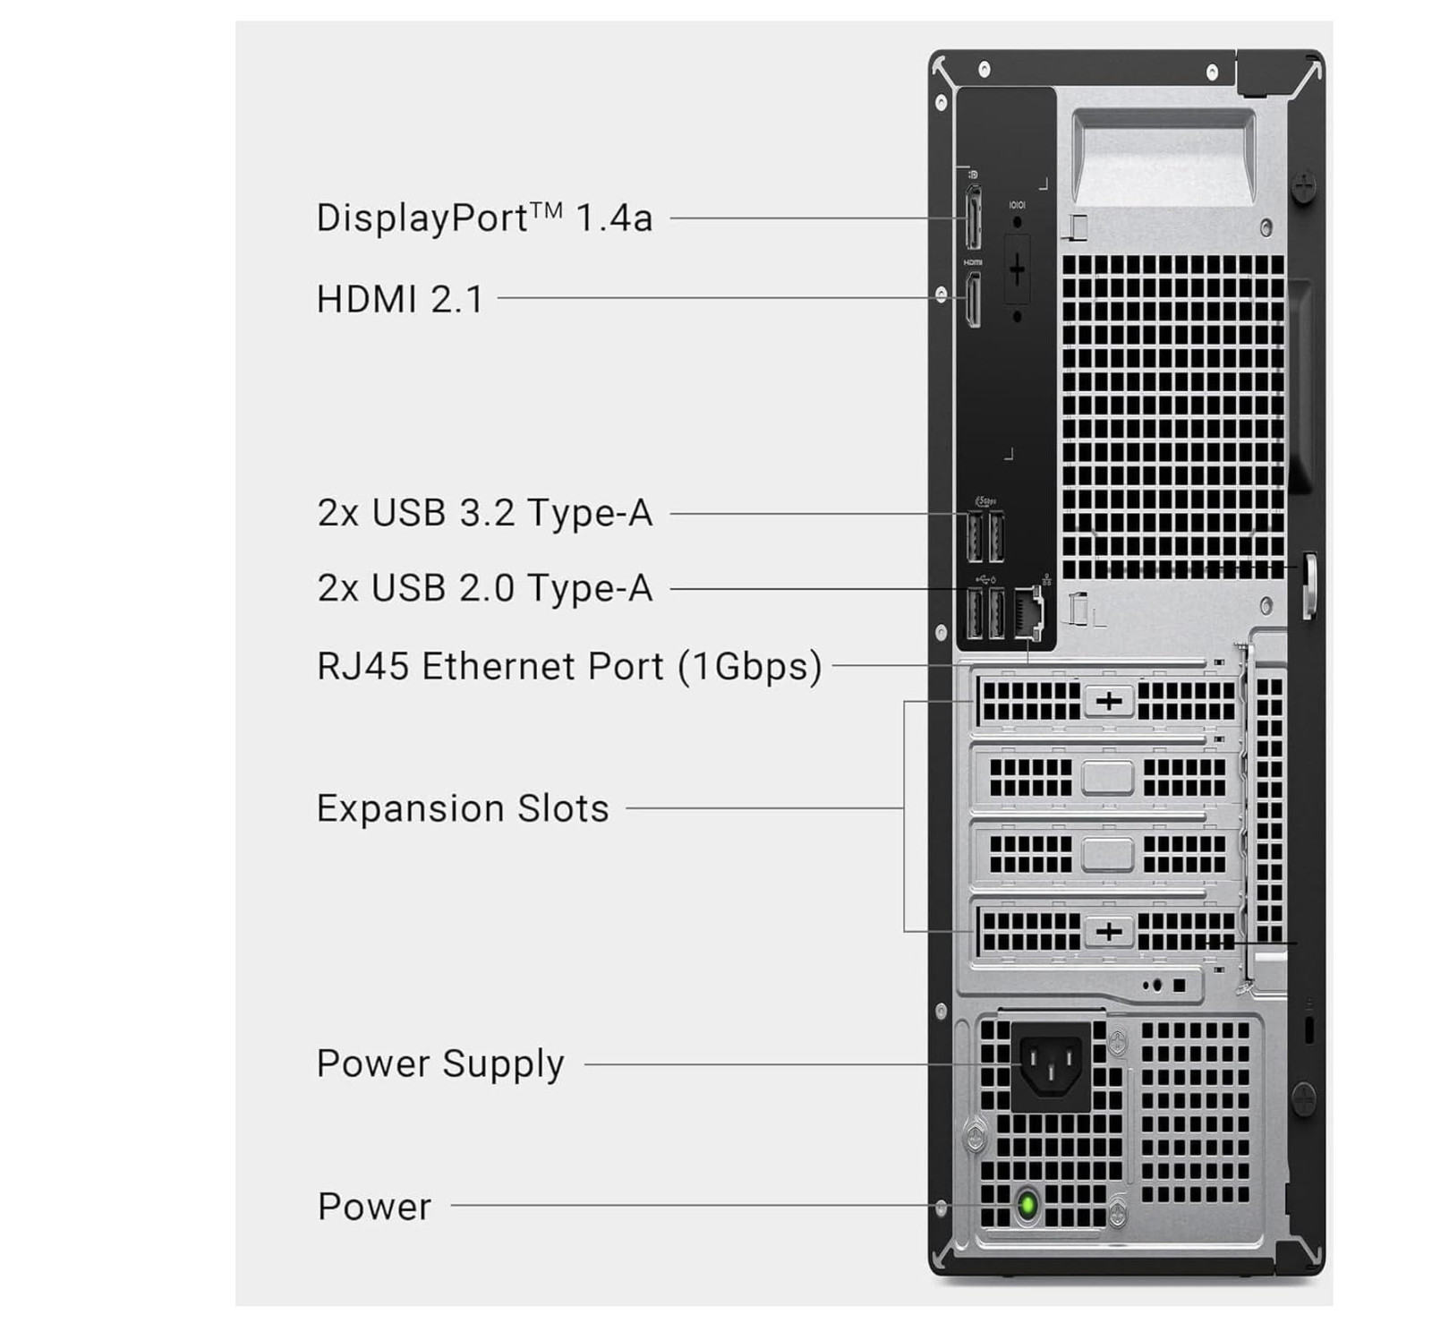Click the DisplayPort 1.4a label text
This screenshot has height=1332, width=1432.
(484, 218)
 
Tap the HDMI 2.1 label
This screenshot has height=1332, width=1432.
(399, 299)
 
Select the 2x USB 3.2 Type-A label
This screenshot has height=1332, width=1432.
(484, 514)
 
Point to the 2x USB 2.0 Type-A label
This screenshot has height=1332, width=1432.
(484, 589)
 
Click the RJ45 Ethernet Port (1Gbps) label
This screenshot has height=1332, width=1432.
(569, 667)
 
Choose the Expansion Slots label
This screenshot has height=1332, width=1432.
(463, 808)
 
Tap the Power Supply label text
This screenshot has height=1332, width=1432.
(440, 1064)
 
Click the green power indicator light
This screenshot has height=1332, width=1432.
(1028, 1204)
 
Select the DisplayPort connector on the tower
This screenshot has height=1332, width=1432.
(973, 218)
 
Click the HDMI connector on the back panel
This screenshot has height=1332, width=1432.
(973, 299)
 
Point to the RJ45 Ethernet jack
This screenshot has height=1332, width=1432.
(1028, 612)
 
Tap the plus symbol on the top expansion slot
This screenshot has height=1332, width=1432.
(1109, 701)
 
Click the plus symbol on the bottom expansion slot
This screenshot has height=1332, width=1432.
(1109, 932)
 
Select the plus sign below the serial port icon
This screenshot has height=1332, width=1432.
(1018, 269)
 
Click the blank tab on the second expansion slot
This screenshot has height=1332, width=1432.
(1107, 777)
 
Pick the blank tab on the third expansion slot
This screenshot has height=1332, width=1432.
(1107, 854)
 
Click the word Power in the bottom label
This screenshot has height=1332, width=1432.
(374, 1207)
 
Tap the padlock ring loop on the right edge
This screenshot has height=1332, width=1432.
(1308, 585)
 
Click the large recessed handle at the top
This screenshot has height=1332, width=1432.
(1163, 157)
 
